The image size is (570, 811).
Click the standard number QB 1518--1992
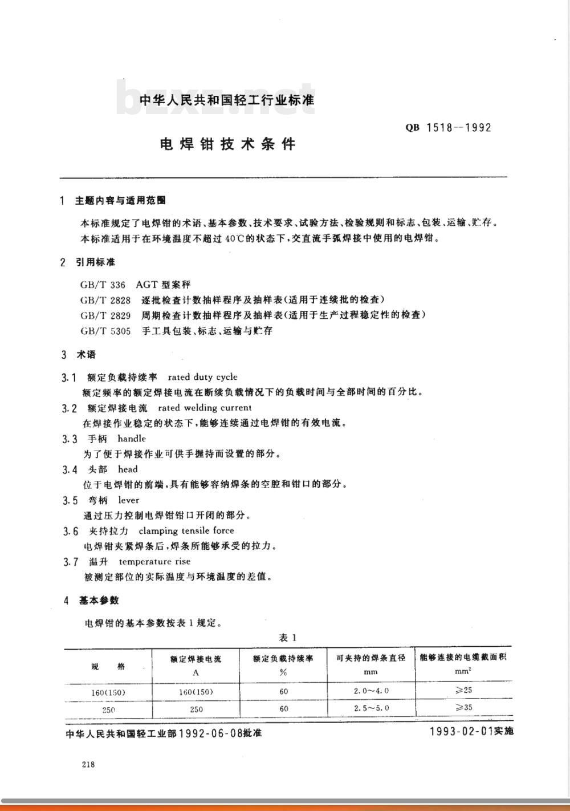pos(448,128)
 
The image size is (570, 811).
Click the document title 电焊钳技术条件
pos(228,144)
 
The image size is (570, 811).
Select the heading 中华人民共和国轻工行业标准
pos(227,100)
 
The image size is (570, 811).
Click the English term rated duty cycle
pos(202,377)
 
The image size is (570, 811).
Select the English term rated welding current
pos(204,408)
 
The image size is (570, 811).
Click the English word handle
pos(132,439)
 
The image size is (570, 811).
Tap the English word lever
pos(128,500)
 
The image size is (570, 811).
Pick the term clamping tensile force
pos(186,530)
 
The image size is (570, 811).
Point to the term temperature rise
pos(154,561)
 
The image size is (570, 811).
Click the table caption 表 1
pos(288,638)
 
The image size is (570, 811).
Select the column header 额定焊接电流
pos(196,659)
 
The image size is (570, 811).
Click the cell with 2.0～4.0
pos(370,691)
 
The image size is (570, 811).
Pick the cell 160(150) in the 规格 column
pos(108,692)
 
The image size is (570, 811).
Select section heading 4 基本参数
pos(91,601)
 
